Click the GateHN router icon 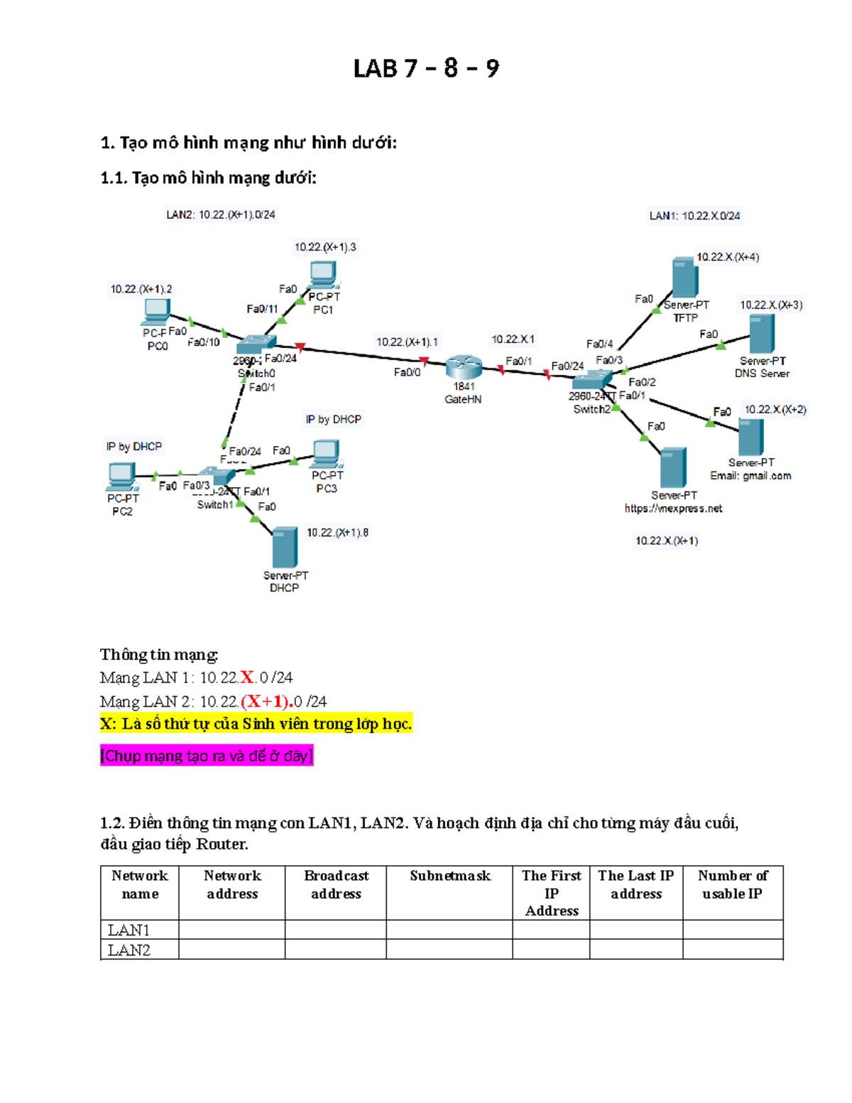pos(464,366)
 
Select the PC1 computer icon pos(323,273)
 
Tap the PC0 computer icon pos(156,311)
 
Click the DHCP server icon pos(285,548)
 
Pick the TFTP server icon pos(684,278)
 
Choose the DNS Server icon pos(762,333)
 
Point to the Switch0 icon pos(256,345)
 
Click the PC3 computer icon pos(326,452)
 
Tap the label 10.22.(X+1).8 pos(337,533)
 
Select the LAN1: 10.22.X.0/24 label pos(694,216)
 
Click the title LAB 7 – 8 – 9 pos(426,68)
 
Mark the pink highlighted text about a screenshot pos(207,756)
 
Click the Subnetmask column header pos(449,876)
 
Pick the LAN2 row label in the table pos(129,950)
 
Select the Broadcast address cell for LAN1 pos(336,930)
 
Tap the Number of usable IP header pos(733,884)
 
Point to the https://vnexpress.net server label pos(673,509)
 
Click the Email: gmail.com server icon pos(750,436)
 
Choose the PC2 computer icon pos(121,476)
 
